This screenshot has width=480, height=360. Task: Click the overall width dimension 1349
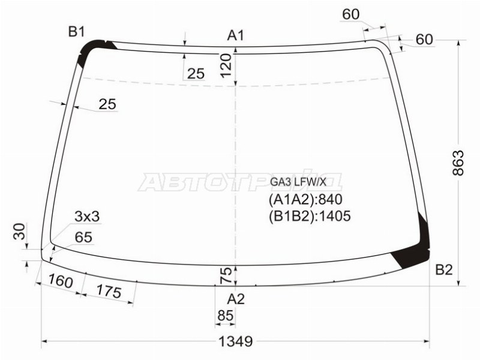[x=236, y=341]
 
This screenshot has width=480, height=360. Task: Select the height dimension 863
[x=458, y=163]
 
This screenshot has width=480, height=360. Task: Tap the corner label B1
[x=76, y=31]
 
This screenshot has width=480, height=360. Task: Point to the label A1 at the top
[x=235, y=35]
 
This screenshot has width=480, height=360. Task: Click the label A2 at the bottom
[x=236, y=299]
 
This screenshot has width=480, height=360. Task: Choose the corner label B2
[x=444, y=269]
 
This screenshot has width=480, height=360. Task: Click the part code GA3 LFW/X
[x=298, y=182]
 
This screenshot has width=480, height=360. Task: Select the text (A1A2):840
[x=305, y=200]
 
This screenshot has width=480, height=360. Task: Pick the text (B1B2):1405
[x=310, y=216]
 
